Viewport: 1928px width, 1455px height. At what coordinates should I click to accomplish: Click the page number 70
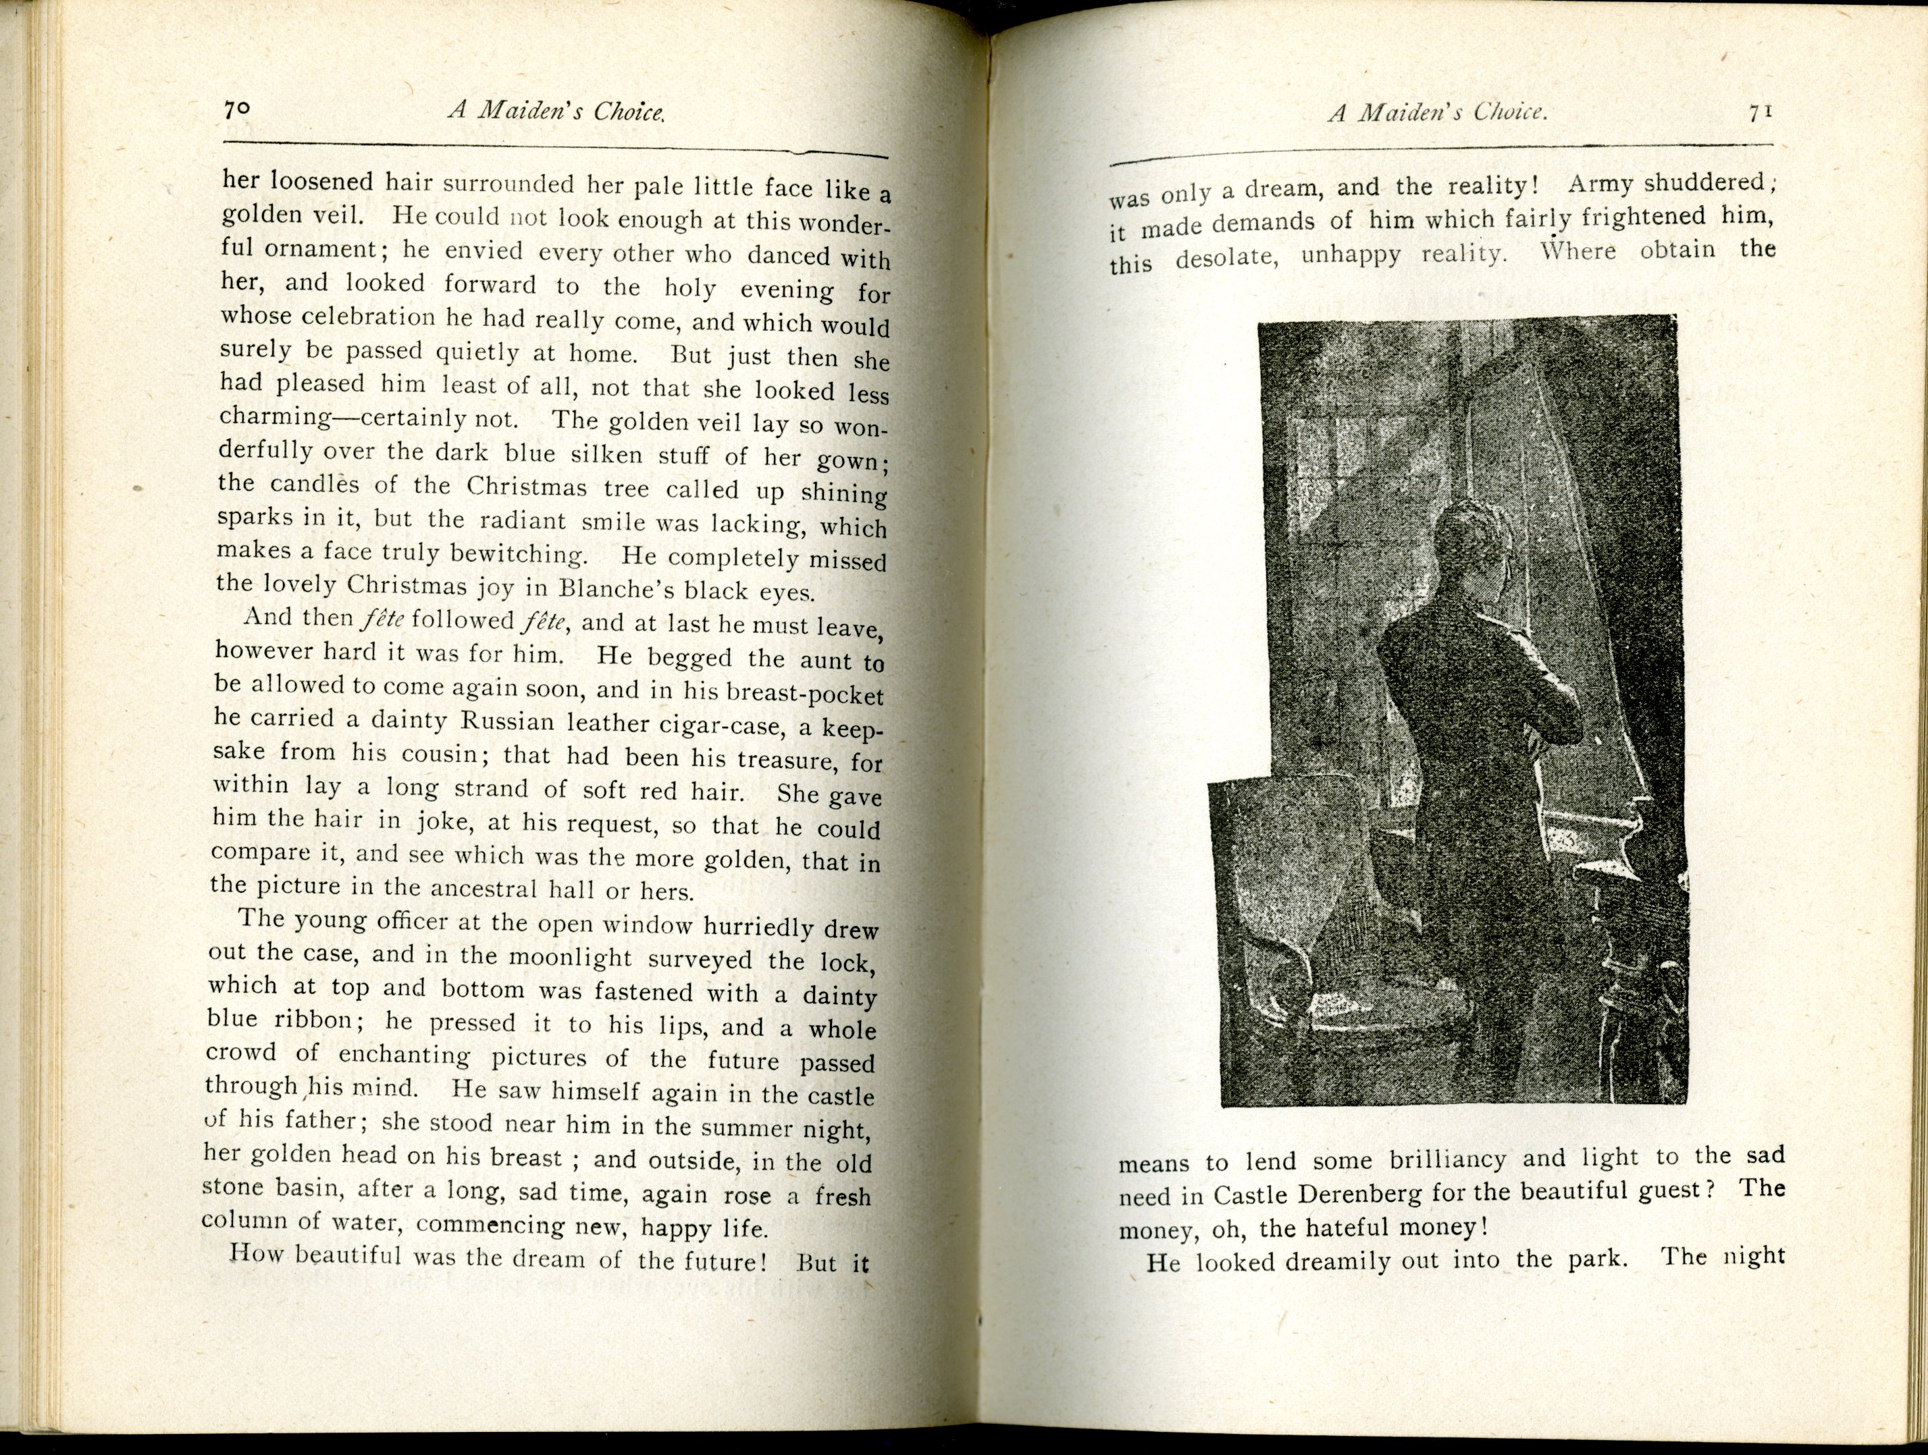click(236, 110)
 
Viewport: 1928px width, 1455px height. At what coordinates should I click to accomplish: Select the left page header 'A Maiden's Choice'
click(556, 111)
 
